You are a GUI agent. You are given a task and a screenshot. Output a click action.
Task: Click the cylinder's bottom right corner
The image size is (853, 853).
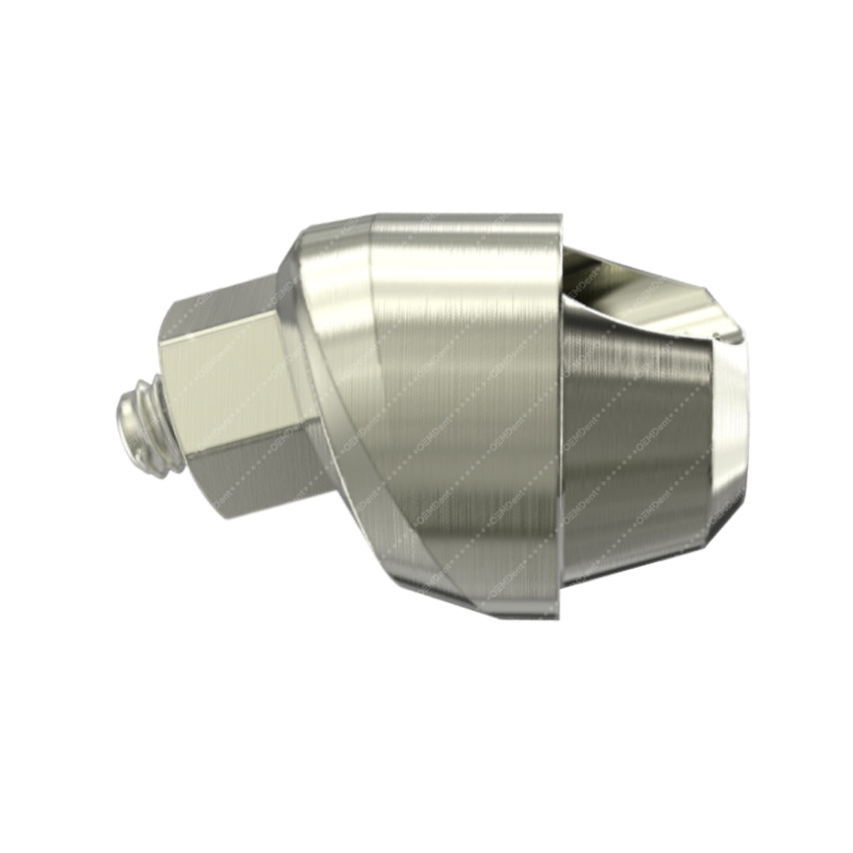click(x=558, y=614)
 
